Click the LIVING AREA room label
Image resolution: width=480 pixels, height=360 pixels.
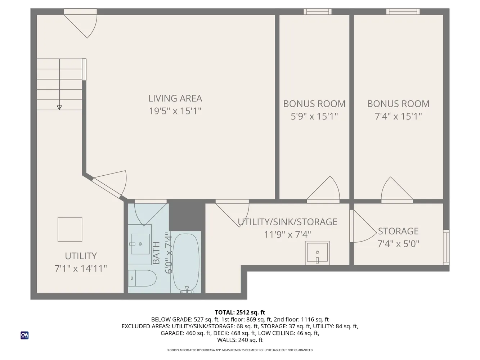click(175, 98)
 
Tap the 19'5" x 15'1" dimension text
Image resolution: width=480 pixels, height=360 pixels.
click(175, 111)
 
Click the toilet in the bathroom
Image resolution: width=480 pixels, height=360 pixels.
click(142, 278)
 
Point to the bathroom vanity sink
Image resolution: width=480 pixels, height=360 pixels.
click(140, 244)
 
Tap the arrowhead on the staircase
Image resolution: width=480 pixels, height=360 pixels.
click(59, 107)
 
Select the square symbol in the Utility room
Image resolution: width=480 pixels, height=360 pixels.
click(70, 229)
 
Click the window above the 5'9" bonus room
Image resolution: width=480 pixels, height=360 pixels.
click(317, 12)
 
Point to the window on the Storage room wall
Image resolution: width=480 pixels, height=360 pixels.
click(446, 247)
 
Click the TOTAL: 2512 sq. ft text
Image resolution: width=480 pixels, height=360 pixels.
click(240, 312)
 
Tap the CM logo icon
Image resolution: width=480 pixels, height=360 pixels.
click(24, 335)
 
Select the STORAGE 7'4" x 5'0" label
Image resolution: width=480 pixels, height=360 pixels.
click(398, 237)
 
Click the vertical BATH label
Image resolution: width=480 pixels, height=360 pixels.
click(156, 253)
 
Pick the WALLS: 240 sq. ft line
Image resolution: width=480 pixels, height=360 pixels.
click(240, 340)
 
